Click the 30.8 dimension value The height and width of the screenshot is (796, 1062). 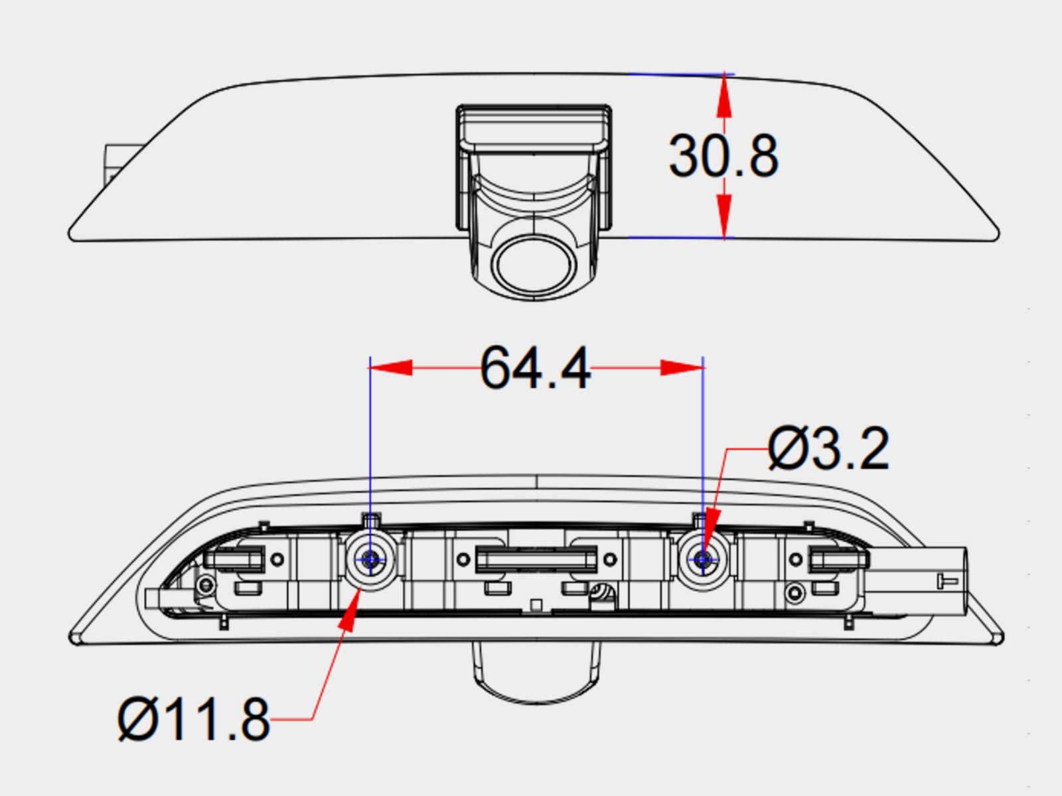pyautogui.click(x=723, y=157)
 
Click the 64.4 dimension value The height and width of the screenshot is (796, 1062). pyautogui.click(x=535, y=369)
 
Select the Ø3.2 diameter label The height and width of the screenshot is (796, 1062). pyautogui.click(x=828, y=450)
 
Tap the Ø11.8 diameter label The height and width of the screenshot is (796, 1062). pyautogui.click(x=194, y=719)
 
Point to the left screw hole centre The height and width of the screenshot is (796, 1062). pyautogui.click(x=370, y=560)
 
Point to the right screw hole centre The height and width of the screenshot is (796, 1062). pyautogui.click(x=704, y=560)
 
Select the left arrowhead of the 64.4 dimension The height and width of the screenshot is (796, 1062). pyautogui.click(x=392, y=367)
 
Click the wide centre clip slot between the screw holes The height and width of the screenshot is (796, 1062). pyautogui.click(x=536, y=559)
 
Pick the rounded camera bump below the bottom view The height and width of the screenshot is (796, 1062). pyautogui.click(x=536, y=673)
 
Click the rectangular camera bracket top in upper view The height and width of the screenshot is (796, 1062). pyautogui.click(x=534, y=126)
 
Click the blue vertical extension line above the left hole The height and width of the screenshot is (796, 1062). pyautogui.click(x=370, y=451)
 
